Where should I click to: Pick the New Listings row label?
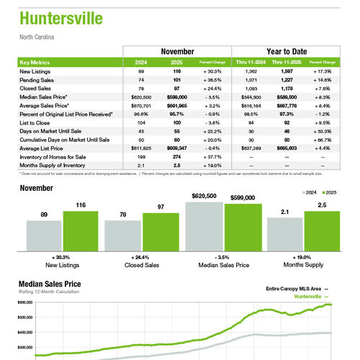point(35,72)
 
